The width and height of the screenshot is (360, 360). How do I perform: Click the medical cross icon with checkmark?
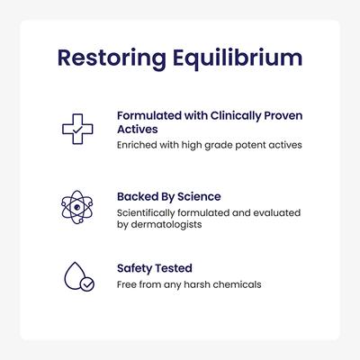[77, 128]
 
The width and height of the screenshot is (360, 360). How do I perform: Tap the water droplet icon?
[76, 276]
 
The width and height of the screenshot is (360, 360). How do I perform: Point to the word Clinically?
[232, 115]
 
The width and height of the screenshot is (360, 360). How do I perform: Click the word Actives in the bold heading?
[137, 130]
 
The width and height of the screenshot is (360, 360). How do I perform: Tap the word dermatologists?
[167, 225]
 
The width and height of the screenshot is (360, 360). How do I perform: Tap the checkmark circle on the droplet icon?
[86, 284]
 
